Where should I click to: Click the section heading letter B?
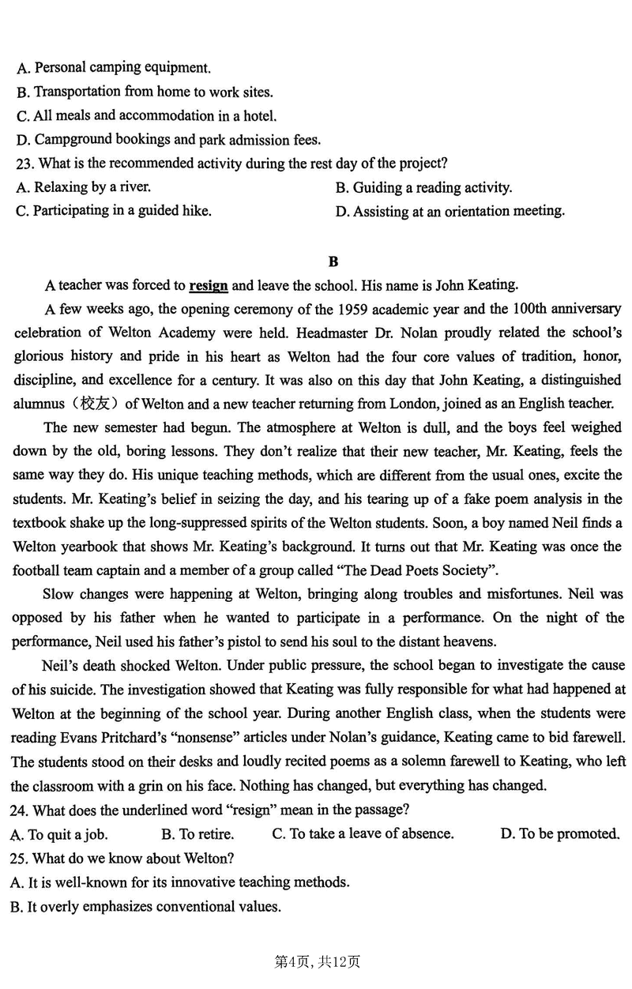[x=333, y=261]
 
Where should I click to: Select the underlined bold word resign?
[x=209, y=285]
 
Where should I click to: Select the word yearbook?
[x=82, y=547]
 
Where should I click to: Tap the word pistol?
[x=225, y=641]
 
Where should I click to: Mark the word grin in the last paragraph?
[x=134, y=785]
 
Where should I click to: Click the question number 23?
[x=24, y=164]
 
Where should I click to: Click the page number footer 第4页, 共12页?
[x=316, y=961]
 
